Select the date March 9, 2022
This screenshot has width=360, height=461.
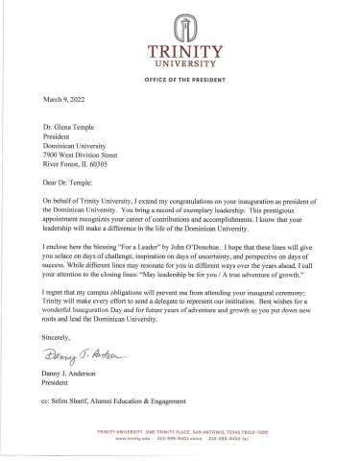[65, 99]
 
